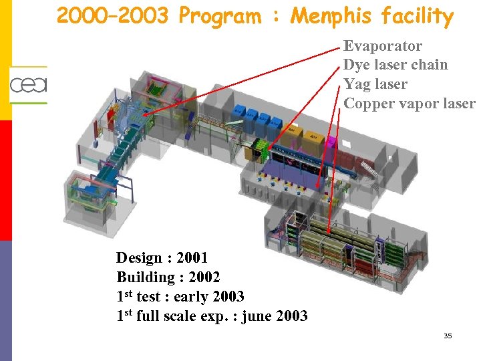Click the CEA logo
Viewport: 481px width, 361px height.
coord(28,85)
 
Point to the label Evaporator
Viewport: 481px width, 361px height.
coord(383,46)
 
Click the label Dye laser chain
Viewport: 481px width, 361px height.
coord(395,65)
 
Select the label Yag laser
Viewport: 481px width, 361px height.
coord(375,84)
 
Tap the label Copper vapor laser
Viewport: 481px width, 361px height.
coord(409,104)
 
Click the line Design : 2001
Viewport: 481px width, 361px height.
coord(162,258)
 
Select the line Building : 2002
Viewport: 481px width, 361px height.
coord(168,277)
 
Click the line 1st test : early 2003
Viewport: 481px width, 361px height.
coord(180,296)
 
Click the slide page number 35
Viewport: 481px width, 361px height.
coord(448,336)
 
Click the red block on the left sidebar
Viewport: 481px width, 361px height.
coord(5,180)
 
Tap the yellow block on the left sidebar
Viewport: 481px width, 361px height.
coord(5,60)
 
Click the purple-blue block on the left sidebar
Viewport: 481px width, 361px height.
coord(5,301)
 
